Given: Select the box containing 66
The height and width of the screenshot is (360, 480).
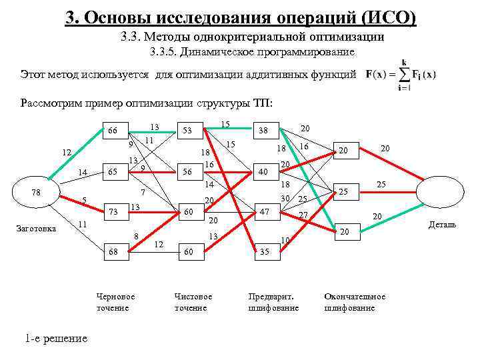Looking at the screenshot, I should (x=113, y=131).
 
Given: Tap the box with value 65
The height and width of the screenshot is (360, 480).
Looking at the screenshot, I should (x=113, y=171).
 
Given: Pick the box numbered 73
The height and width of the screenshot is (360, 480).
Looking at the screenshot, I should (x=113, y=212).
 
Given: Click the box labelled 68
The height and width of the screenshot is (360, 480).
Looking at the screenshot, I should (x=113, y=252).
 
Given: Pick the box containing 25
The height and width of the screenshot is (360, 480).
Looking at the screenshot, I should (x=345, y=192).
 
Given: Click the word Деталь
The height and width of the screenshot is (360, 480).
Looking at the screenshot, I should (x=442, y=225).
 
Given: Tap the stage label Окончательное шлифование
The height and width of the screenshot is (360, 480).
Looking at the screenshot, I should (x=354, y=301).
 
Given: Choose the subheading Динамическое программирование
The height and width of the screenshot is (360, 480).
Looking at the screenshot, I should (x=253, y=52).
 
